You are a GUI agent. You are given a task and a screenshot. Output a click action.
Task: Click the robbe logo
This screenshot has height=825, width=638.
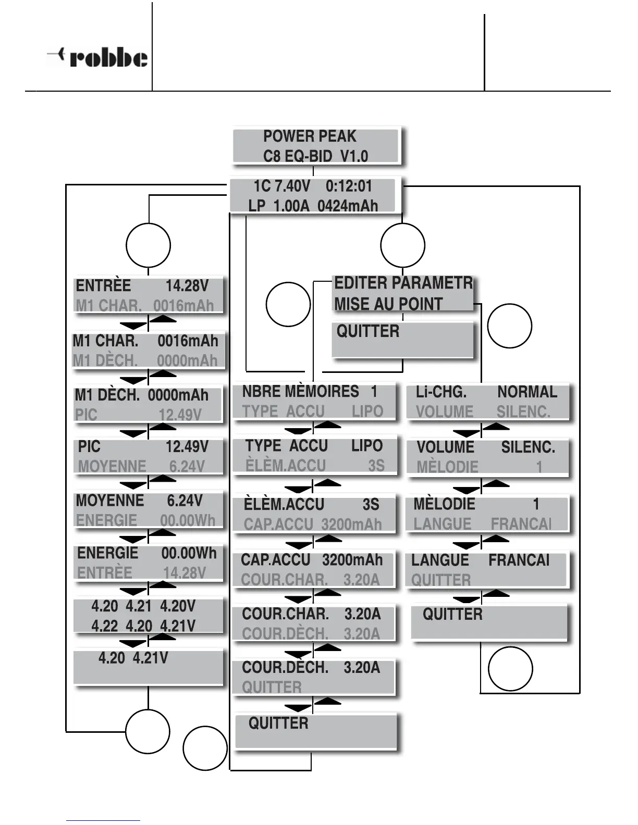pos(97,57)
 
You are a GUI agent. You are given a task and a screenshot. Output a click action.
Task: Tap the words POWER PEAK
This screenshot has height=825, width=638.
pos(310,136)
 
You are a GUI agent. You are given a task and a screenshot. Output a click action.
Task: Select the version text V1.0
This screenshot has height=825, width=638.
pos(354,156)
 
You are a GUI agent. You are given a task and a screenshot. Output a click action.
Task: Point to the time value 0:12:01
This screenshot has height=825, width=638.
pos(349,186)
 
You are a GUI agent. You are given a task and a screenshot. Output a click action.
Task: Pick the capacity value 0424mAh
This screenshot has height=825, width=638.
pos(347,206)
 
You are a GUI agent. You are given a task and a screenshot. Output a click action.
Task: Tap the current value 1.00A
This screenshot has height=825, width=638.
pos(291,206)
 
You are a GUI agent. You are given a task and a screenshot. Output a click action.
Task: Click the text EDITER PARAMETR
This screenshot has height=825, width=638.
pos(403,283)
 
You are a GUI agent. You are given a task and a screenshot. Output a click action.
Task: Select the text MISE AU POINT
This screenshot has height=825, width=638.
pos(388,304)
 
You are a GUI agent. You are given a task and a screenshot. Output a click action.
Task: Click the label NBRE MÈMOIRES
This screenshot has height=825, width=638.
pos(300,392)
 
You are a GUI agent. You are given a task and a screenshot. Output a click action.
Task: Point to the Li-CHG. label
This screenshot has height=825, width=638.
pos(441,392)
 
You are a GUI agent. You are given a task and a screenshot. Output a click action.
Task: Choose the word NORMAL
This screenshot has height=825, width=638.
pos(527,392)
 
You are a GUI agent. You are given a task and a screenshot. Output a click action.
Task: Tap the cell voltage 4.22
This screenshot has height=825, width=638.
pos(105,626)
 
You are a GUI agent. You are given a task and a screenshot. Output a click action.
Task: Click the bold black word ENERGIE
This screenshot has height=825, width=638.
pos(108,553)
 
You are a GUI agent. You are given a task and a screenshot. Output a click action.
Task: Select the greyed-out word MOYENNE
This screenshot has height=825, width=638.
pos(112,466)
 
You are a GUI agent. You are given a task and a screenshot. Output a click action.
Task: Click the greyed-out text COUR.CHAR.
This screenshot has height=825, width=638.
pos(284,580)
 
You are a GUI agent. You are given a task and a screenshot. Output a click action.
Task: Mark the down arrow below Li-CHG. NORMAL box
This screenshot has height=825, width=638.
pos(467,433)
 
